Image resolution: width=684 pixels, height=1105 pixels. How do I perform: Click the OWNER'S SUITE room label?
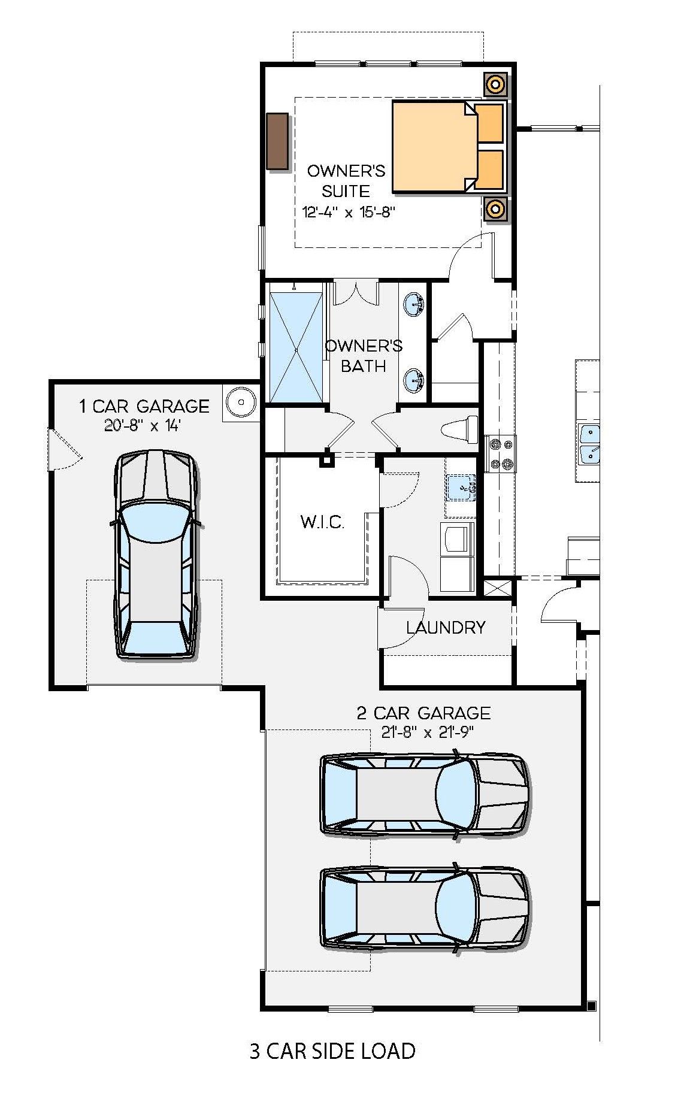(346, 181)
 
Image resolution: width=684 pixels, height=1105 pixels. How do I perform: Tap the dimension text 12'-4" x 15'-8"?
(349, 213)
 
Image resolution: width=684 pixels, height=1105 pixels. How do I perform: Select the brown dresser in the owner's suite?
(278, 140)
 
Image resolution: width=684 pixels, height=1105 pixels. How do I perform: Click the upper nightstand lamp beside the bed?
(495, 84)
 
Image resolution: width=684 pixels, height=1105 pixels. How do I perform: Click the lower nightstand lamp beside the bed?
(495, 209)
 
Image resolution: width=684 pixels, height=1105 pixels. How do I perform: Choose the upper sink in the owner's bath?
(414, 304)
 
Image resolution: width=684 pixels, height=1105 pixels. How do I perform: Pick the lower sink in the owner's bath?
(414, 380)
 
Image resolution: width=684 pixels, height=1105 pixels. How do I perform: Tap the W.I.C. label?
(322, 522)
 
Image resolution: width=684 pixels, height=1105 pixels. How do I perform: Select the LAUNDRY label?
(446, 628)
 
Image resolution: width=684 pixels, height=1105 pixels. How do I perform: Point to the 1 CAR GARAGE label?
(144, 407)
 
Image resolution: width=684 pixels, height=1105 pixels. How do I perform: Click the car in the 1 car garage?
(156, 555)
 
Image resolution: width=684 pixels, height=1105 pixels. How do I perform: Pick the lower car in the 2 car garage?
(424, 907)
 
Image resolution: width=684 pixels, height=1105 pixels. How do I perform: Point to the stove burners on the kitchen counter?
(501, 454)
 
